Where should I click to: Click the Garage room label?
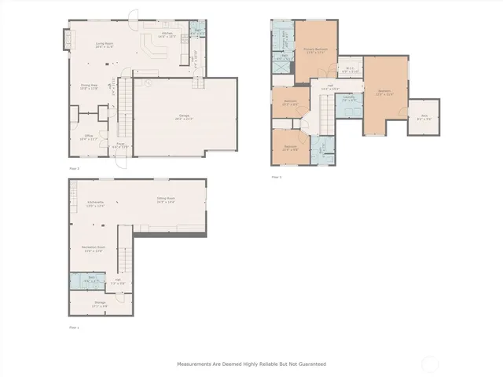[x=185, y=117]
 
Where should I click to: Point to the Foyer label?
[x=120, y=145]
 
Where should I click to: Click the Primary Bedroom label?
[x=315, y=50]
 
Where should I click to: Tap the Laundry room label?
[x=348, y=98]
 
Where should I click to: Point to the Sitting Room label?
[x=165, y=201]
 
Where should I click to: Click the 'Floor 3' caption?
[x=276, y=178]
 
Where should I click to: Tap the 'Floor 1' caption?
[x=74, y=327]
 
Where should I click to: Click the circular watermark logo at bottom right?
[x=431, y=364]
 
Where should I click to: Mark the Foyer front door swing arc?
[x=119, y=163]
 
